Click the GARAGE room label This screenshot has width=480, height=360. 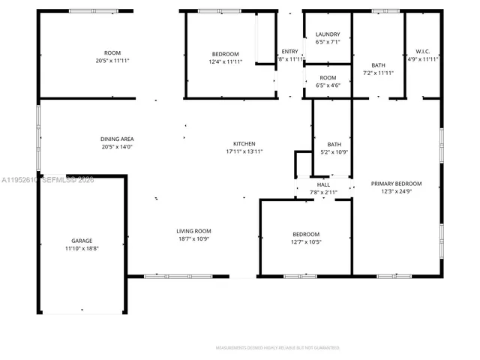tap(76, 240)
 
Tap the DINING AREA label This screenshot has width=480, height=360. tap(117, 139)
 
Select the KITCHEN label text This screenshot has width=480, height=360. tap(244, 143)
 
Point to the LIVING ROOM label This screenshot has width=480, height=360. tap(193, 231)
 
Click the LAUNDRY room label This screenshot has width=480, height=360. tap(328, 34)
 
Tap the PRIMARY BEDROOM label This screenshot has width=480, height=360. tap(396, 184)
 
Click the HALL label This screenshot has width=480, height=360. tap(323, 184)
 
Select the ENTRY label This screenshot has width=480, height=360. tap(289, 51)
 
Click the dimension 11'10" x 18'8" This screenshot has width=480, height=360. tap(76, 247)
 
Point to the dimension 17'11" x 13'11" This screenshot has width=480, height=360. tap(244, 151)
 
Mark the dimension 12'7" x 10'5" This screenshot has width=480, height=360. tap(305, 241)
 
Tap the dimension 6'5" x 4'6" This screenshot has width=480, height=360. tap(328, 85)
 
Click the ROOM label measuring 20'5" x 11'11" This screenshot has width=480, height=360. tap(112, 52)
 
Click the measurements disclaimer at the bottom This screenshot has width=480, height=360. tap(277, 348)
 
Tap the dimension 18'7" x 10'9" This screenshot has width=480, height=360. tap(193, 238)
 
